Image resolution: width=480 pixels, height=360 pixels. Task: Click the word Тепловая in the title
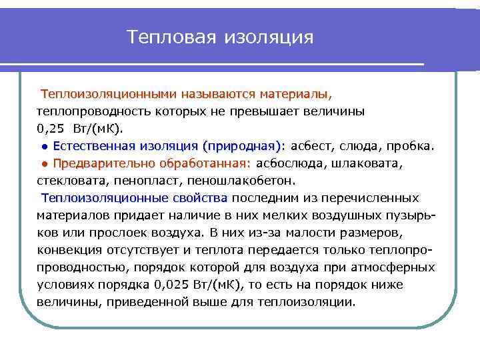point(170,37)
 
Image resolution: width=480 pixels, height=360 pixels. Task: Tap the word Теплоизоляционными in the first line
point(105,93)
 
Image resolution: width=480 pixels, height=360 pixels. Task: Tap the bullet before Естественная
point(43,146)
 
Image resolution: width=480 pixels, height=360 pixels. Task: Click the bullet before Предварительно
point(43,163)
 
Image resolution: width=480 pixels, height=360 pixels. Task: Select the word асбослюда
point(287,163)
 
